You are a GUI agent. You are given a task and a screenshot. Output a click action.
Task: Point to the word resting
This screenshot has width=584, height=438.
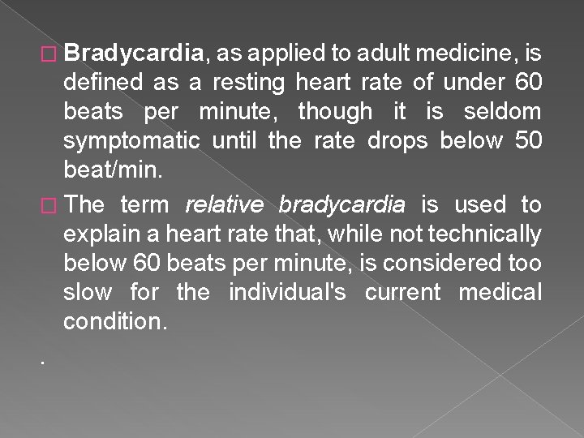pos(252,84)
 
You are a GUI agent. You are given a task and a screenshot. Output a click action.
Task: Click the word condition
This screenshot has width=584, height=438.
pos(115,322)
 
